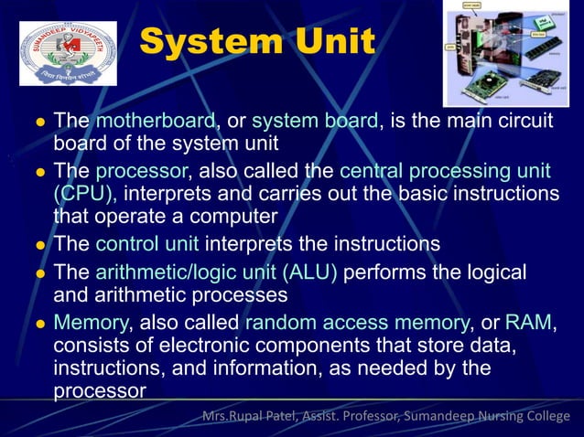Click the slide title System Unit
pyautogui.click(x=257, y=42)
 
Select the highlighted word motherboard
pyautogui.click(x=155, y=121)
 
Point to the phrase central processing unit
pyautogui.click(x=445, y=171)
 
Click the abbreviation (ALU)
pyautogui.click(x=309, y=272)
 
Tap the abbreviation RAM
pyautogui.click(x=529, y=323)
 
